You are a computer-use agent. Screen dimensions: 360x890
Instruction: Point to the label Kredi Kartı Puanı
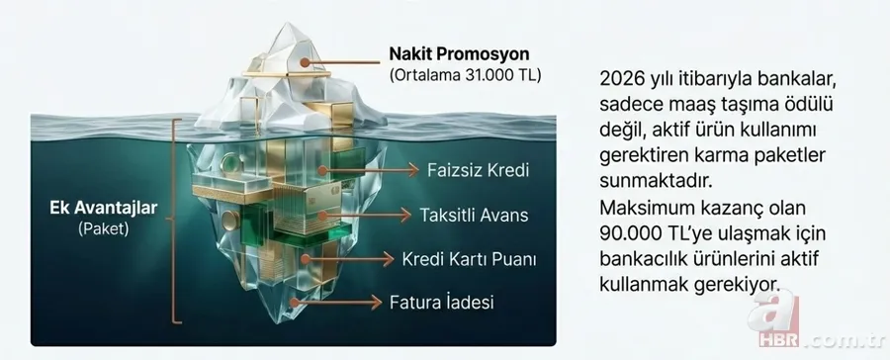[x=469, y=260]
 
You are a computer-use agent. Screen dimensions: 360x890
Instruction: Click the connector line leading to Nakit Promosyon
[x=345, y=63]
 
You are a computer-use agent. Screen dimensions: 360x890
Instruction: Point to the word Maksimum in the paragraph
[x=649, y=210]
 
